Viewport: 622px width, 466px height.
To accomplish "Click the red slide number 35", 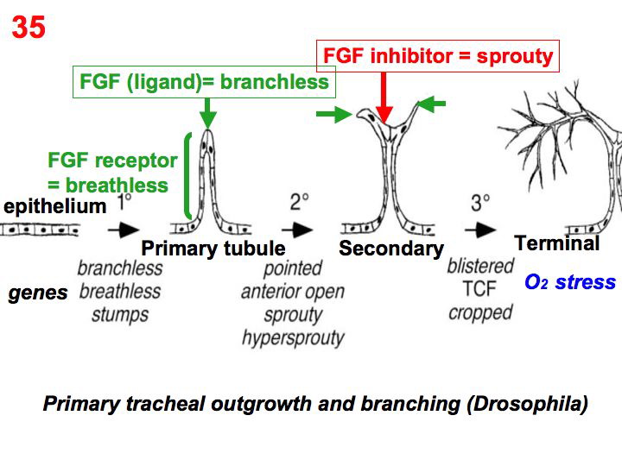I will (29, 28).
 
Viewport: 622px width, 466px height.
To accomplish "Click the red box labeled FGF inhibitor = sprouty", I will (437, 56).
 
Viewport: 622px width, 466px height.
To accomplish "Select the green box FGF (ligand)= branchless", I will (204, 82).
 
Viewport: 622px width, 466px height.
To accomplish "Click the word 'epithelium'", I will (55, 206).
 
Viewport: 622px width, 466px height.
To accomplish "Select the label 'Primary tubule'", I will (213, 249).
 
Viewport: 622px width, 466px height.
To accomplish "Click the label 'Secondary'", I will (390, 249).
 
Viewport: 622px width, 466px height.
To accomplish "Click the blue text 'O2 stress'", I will (570, 282).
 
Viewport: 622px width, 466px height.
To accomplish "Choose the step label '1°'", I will (124, 204).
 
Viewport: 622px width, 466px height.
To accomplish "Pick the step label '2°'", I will (300, 203).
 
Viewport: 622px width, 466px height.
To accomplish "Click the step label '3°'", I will (481, 204).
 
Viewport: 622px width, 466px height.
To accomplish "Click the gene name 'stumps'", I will (120, 312).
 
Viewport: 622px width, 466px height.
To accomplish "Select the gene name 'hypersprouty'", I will (293, 337).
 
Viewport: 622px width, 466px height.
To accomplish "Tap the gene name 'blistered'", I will (481, 267).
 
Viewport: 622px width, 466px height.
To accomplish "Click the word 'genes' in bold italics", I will (38, 293).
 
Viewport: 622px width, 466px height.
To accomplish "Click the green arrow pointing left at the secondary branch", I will (433, 104).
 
